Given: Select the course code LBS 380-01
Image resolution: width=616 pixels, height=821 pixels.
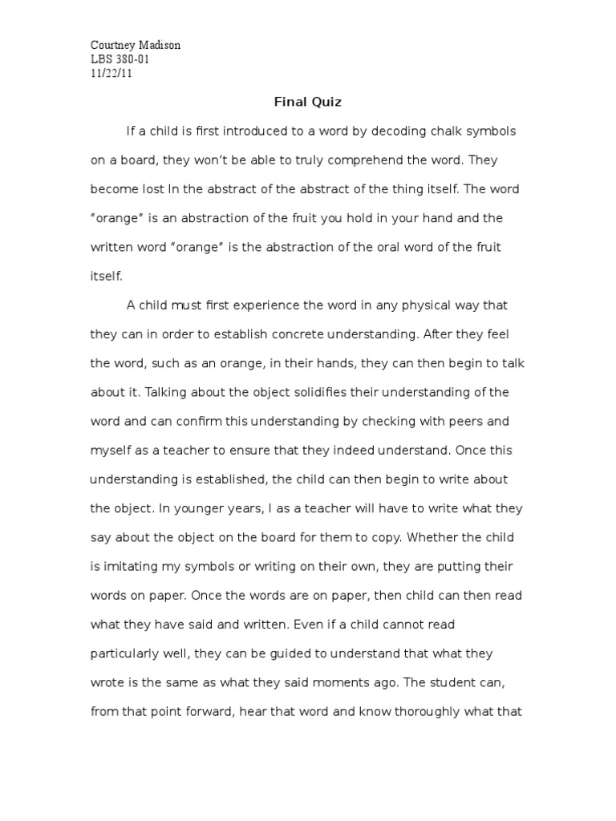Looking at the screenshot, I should click(120, 59).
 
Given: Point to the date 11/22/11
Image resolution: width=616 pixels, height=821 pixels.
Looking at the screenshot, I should click(111, 74).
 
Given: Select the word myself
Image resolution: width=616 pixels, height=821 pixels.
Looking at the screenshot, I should click(111, 451).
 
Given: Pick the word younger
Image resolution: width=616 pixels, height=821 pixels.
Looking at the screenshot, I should click(199, 508).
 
